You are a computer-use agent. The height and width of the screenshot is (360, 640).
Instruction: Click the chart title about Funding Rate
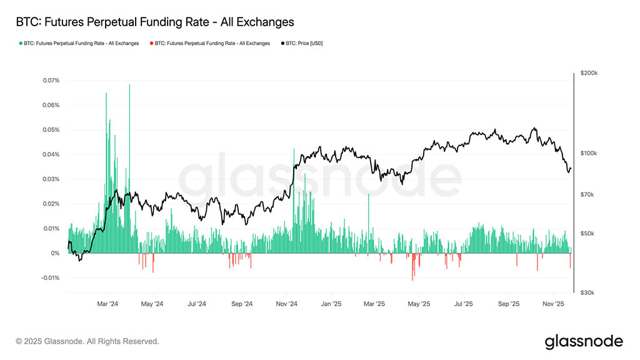coord(154,22)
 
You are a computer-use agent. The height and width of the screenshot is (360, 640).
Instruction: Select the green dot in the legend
coord(21,44)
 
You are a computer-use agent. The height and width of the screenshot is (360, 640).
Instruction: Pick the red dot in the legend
coord(151,44)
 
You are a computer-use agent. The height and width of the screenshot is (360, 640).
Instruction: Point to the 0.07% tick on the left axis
coord(51,81)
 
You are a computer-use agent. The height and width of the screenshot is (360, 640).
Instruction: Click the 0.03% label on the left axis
coord(51,179)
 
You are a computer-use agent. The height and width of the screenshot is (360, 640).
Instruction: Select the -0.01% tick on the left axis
coord(50,278)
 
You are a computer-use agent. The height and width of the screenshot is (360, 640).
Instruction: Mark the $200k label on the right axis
coord(589,73)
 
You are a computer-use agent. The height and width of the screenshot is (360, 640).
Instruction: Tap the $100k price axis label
coord(589,153)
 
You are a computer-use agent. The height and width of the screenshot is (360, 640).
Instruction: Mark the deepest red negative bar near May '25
coord(412,275)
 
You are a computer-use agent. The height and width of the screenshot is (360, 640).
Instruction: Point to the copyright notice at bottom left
coord(87,341)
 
